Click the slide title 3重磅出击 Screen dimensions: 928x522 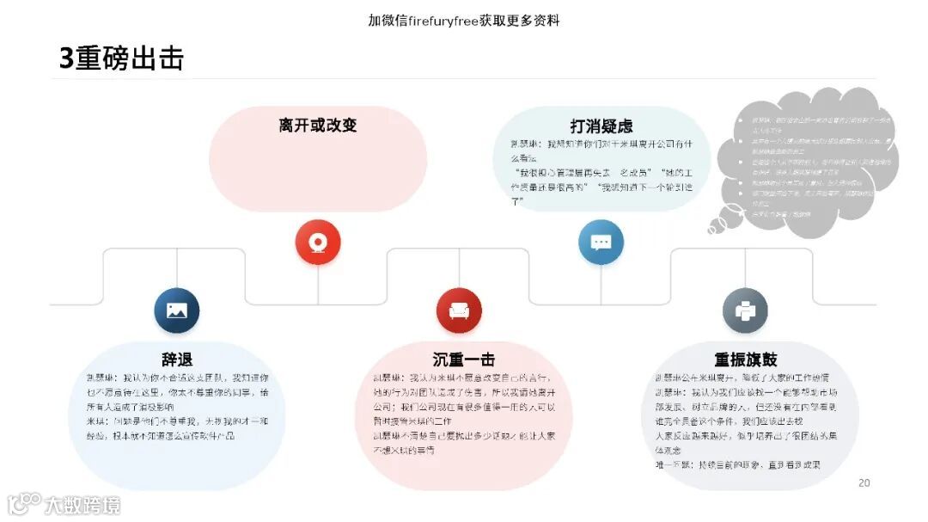click(121, 58)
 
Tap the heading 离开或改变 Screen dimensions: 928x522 click(317, 126)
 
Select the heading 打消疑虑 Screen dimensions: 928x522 click(601, 126)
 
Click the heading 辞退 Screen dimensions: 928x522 click(177, 359)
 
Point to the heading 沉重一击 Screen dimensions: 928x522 click(463, 359)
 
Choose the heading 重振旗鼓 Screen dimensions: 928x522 click(745, 359)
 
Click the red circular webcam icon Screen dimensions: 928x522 click(318, 242)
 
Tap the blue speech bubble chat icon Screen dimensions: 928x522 click(601, 242)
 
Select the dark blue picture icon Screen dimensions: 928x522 click(177, 310)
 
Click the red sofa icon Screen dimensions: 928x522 click(459, 310)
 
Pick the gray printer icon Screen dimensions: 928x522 click(745, 310)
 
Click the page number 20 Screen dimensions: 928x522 click(864, 482)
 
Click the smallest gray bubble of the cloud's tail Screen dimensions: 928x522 click(712, 229)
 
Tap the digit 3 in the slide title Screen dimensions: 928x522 click(66, 58)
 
